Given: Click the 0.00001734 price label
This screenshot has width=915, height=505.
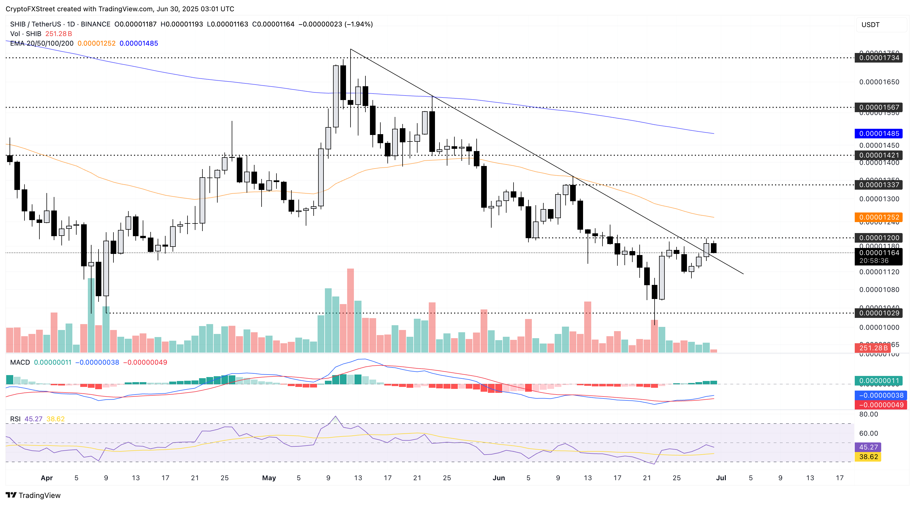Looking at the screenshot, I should pyautogui.click(x=879, y=57).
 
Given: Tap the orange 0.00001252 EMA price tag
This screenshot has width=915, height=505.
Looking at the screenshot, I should pyautogui.click(x=879, y=217).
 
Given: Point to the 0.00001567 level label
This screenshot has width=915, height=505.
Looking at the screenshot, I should pyautogui.click(x=879, y=107).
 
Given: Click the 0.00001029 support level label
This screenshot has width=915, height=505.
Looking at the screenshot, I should pyautogui.click(x=879, y=313).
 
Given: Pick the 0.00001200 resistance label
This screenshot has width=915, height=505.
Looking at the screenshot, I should pyautogui.click(x=879, y=238).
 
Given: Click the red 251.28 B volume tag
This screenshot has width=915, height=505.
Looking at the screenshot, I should pyautogui.click(x=873, y=348).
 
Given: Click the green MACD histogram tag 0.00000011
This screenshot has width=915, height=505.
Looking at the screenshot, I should pyautogui.click(x=879, y=380).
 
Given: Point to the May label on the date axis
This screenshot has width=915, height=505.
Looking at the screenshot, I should pyautogui.click(x=269, y=478).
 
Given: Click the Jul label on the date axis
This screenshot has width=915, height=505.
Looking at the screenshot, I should pyautogui.click(x=721, y=478).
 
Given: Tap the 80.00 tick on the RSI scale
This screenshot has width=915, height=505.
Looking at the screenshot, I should pyautogui.click(x=869, y=414).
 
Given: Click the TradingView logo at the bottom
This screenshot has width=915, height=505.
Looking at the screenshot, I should pyautogui.click(x=33, y=495).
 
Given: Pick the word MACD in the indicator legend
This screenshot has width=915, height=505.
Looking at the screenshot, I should pyautogui.click(x=20, y=362).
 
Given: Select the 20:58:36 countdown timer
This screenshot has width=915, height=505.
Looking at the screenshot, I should pyautogui.click(x=874, y=261).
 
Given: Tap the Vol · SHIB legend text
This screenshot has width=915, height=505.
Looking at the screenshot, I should pyautogui.click(x=26, y=34).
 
